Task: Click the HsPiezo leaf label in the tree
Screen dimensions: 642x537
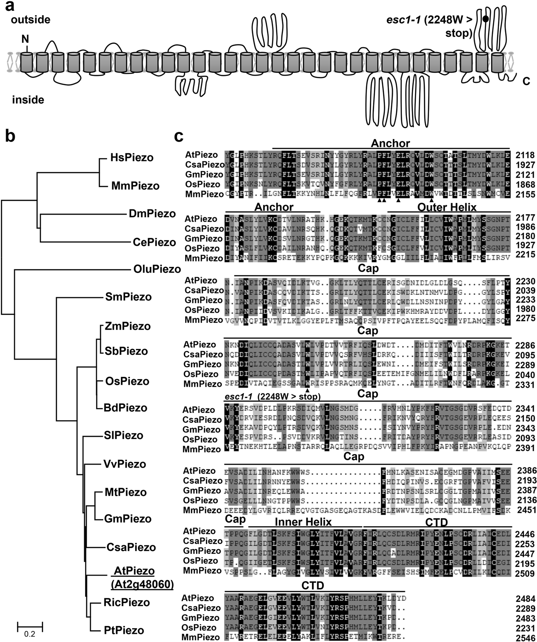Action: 132,158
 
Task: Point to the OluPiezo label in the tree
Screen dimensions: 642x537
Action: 157,269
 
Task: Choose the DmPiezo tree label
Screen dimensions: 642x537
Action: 152,214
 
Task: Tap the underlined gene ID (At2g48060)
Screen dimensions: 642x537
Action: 142,585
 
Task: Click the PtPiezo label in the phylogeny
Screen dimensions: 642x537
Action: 124,630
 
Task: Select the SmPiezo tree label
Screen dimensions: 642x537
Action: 129,297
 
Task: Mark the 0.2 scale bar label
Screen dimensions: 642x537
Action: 29,634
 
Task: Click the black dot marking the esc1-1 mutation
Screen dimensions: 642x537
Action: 486,19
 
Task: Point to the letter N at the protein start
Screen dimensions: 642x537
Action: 25,39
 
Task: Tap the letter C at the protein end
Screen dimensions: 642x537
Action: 526,81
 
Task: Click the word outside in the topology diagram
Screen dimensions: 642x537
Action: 31,20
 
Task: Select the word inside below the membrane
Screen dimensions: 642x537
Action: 28,100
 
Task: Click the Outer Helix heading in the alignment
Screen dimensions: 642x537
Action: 447,207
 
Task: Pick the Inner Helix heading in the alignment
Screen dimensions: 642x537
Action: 303,522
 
